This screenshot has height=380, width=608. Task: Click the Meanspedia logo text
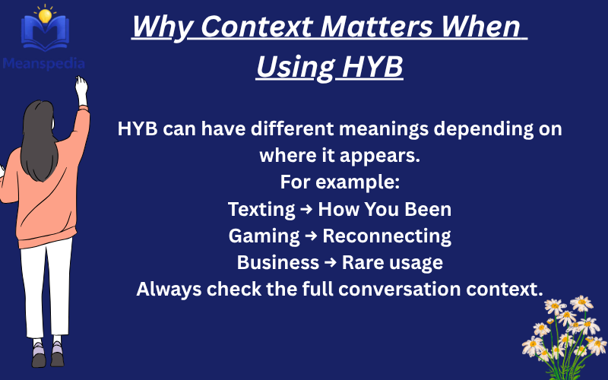[x=43, y=64]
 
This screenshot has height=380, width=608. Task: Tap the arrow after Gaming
[x=311, y=236]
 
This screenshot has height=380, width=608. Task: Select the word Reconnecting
[x=387, y=236]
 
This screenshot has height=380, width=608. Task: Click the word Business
[x=278, y=262]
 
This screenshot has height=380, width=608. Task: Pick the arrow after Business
[x=331, y=263]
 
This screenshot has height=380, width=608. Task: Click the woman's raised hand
[x=81, y=87]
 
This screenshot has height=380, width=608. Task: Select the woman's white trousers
[x=46, y=289]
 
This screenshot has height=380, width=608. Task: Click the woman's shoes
[x=48, y=354]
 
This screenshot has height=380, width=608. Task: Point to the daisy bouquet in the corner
[x=566, y=327]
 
